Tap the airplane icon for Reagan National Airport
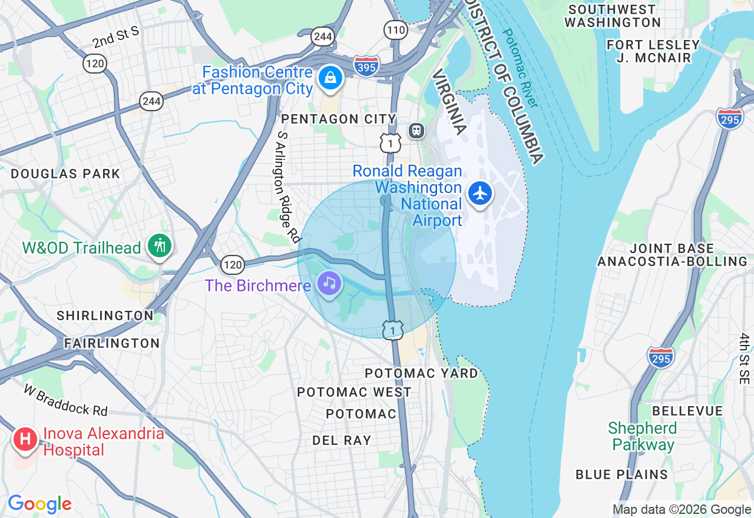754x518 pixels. (481, 193)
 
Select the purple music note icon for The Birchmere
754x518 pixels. (329, 283)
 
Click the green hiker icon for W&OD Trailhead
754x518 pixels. (159, 245)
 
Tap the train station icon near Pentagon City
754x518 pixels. (417, 130)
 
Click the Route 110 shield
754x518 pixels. (395, 29)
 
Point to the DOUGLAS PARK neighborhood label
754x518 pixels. (65, 174)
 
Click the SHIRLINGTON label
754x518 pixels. (105, 316)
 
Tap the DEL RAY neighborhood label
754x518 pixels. (342, 440)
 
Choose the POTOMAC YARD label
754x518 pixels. (421, 373)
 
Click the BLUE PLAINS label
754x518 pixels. (621, 474)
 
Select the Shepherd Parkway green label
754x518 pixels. (641, 436)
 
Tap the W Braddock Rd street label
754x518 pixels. (67, 400)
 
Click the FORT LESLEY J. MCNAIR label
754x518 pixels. (653, 51)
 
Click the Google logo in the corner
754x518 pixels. (39, 504)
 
